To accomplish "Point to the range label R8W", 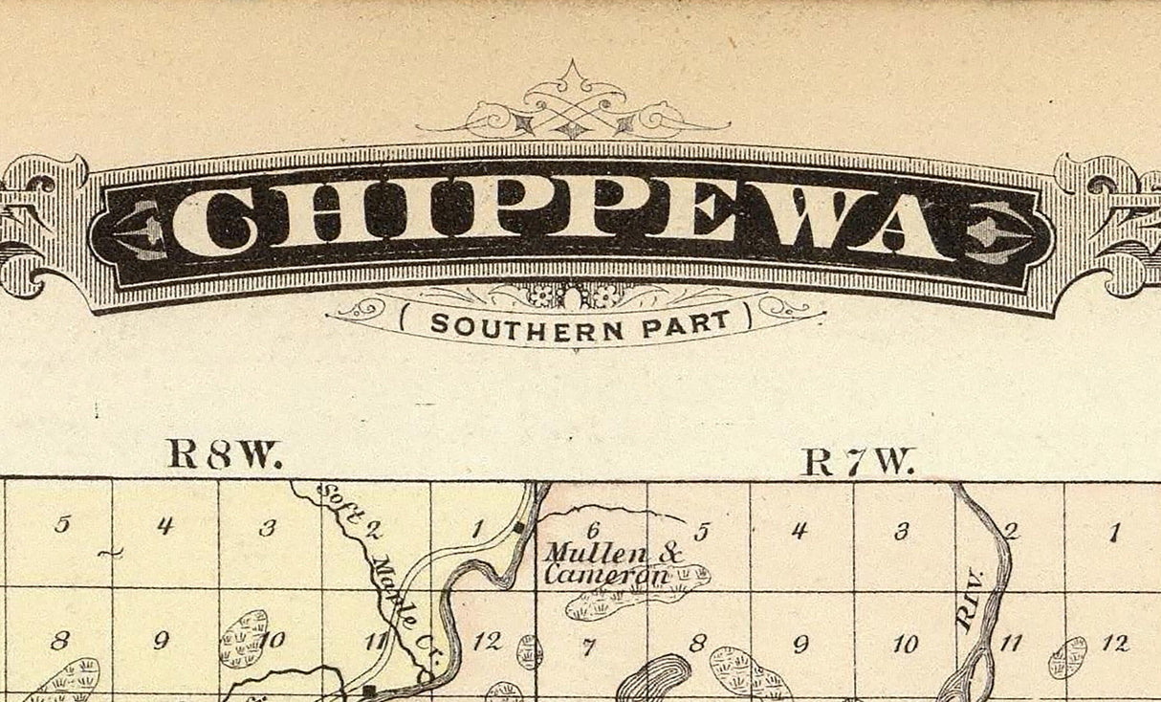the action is coord(225,454).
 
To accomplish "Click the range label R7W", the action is coord(858,462).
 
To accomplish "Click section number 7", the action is coord(589,647).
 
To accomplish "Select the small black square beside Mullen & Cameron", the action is coord(517,526).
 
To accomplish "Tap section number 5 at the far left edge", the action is coord(62,524).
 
